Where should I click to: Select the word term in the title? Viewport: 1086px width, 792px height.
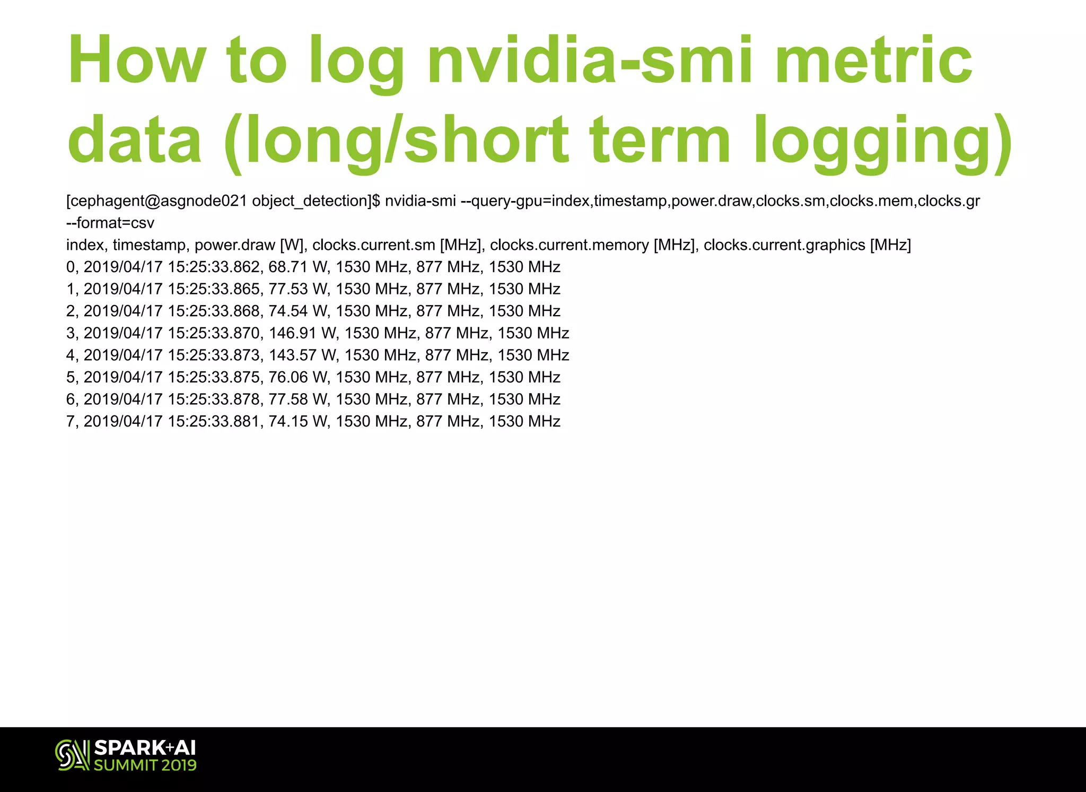pyautogui.click(x=660, y=141)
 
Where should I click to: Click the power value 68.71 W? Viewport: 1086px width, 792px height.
pyautogui.click(x=299, y=267)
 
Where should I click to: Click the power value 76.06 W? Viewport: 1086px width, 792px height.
pyautogui.click(x=299, y=377)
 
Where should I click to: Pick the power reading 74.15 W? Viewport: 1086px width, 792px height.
pyautogui.click(x=299, y=421)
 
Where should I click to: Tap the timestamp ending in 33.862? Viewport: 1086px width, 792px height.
pyautogui.click(x=172, y=267)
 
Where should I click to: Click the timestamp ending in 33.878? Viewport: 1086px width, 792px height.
pyautogui.click(x=172, y=399)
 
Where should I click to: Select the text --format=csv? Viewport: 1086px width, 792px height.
pyautogui.click(x=110, y=223)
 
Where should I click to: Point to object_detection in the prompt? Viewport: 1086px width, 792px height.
pyautogui.click(x=310, y=201)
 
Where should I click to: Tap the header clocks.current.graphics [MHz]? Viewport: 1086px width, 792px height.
pyautogui.click(x=807, y=245)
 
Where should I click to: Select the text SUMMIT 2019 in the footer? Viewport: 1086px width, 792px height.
pyautogui.click(x=145, y=765)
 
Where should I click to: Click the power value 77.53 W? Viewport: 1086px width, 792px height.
pyautogui.click(x=299, y=289)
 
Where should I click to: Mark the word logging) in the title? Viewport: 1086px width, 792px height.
pyautogui.click(x=883, y=141)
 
